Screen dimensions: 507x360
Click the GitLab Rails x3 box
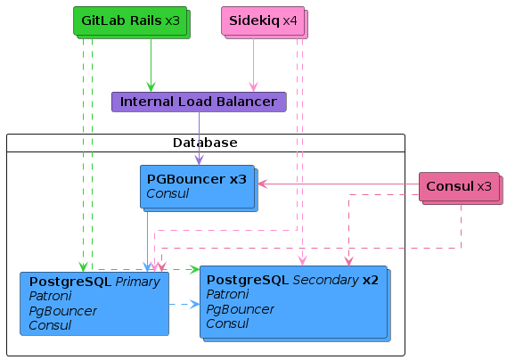(132, 22)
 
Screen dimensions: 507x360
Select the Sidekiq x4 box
(265, 22)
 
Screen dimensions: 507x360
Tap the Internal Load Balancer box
(199, 102)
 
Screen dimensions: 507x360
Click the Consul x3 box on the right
(461, 188)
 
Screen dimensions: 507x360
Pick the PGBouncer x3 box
(199, 188)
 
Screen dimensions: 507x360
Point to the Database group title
(205, 143)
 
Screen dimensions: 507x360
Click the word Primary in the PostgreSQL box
(137, 282)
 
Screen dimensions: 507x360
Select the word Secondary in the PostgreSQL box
(325, 280)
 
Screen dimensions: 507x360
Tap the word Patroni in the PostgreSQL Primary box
(50, 296)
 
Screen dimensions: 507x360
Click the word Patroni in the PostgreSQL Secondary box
(227, 294)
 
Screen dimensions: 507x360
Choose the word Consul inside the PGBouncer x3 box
(168, 193)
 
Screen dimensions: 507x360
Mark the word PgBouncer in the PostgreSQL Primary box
(62, 311)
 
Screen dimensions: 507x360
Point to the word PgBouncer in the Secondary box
(240, 309)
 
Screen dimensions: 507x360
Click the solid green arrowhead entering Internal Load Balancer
(151, 87)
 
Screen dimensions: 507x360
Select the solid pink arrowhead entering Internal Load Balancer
(253, 87)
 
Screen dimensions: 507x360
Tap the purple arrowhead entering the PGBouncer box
(200, 160)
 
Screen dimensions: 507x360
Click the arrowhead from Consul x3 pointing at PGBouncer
(263, 184)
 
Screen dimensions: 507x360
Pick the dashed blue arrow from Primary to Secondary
(184, 305)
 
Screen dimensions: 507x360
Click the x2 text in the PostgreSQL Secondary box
(371, 280)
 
